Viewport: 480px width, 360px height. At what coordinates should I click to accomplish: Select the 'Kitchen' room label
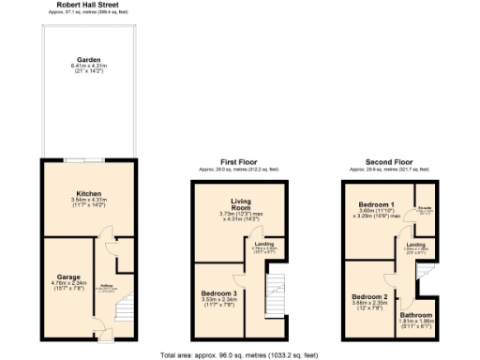[88, 194]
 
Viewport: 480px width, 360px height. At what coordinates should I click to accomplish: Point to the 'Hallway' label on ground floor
[107, 286]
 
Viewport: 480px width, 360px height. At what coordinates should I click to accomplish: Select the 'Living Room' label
[243, 205]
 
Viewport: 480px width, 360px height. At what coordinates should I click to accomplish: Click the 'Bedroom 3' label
[218, 292]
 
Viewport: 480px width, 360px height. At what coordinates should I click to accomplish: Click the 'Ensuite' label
[424, 209]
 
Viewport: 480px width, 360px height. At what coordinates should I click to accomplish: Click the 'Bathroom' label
[417, 314]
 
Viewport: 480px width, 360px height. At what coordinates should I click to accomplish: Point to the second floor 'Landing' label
[416, 245]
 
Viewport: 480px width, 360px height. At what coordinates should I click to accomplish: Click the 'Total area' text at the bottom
[239, 354]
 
